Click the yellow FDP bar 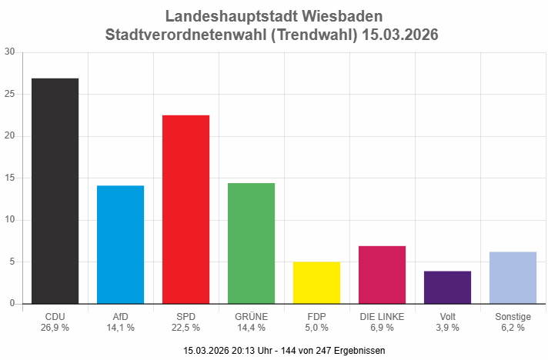(316, 282)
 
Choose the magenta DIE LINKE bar (382, 275)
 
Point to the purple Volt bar (447, 287)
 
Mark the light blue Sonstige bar (513, 278)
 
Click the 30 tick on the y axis (9, 52)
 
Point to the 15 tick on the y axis (9, 178)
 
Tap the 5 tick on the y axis (12, 262)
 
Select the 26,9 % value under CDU (55, 328)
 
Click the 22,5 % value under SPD (185, 328)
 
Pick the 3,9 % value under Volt (447, 328)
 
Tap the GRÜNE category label (251, 316)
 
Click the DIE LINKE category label (382, 316)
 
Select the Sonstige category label (513, 316)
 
